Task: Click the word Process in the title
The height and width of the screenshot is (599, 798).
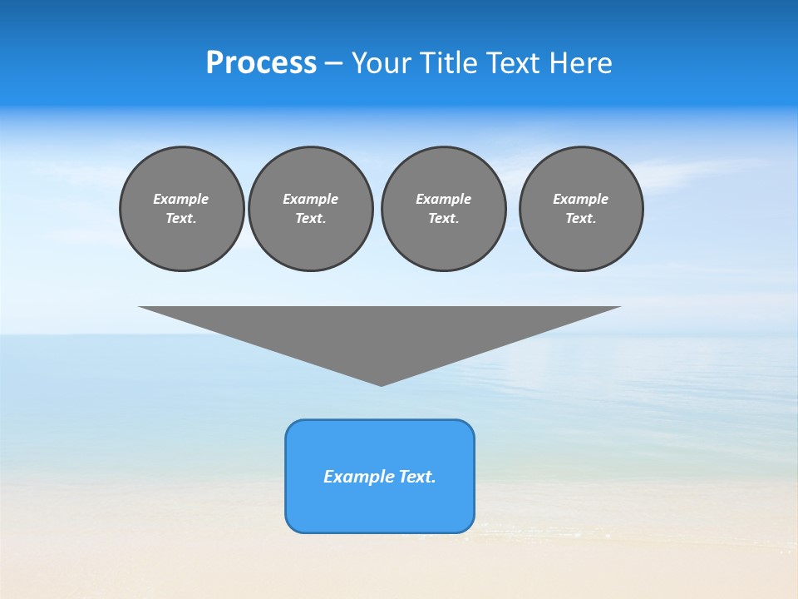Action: tap(261, 63)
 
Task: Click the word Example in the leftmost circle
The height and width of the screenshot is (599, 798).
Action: tap(181, 199)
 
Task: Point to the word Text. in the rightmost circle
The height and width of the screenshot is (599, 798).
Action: tap(581, 218)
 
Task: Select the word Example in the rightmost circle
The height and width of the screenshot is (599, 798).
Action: tap(581, 199)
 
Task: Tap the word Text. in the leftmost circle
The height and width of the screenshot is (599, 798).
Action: tap(181, 218)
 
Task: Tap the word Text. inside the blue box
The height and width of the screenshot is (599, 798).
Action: tap(418, 477)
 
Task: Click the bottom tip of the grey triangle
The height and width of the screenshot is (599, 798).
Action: tap(382, 383)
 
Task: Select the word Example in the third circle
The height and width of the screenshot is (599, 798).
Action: tap(443, 199)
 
